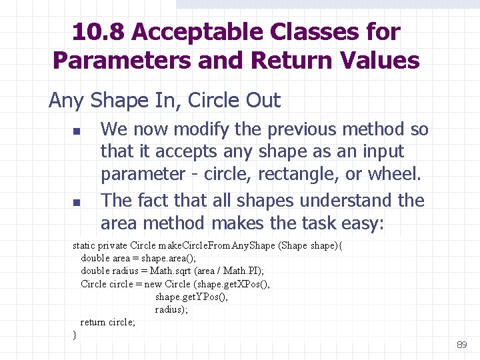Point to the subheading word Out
pos(262,101)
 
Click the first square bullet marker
pos(77,130)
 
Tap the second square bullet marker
pos(77,201)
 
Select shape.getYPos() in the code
pos(191,297)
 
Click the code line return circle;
pos(108,322)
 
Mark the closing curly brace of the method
pos(75,335)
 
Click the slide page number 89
pos(461,345)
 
